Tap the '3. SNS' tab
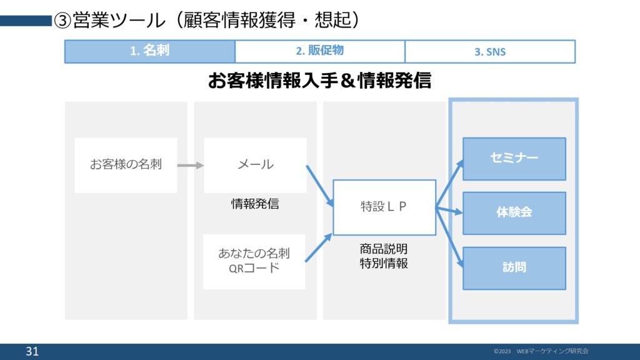490,52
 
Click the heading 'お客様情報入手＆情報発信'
319,81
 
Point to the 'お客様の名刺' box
126,165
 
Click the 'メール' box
255,165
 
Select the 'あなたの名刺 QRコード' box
254,261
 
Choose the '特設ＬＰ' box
384,207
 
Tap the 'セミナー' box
514,159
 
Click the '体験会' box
514,212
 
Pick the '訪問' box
514,267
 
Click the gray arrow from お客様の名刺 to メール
191,166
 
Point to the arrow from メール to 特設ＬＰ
319,185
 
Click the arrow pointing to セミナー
450,181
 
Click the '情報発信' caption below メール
255,204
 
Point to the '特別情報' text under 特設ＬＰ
384,263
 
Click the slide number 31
32,352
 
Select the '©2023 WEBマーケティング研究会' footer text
541,351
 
